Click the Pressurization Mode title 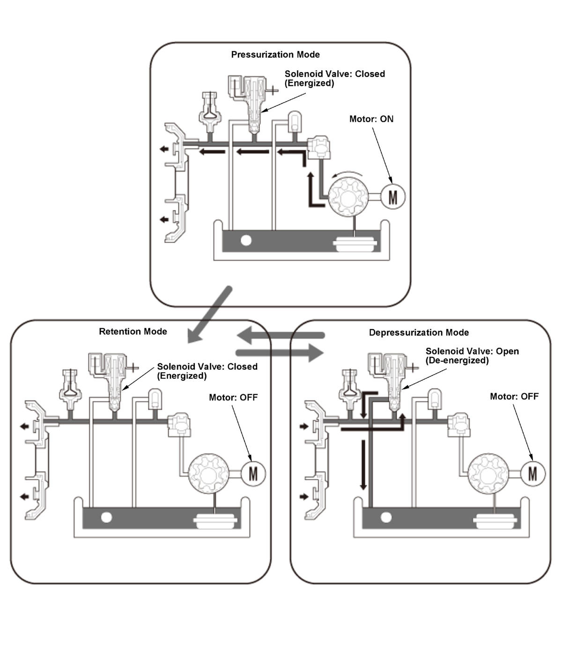click(x=275, y=55)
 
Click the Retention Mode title click(x=133, y=331)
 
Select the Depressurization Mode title click(x=419, y=332)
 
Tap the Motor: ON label click(x=371, y=119)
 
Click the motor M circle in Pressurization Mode click(x=392, y=197)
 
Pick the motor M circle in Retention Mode click(x=253, y=474)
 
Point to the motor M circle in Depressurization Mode click(x=533, y=474)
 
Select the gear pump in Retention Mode click(x=208, y=474)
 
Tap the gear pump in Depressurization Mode click(x=488, y=474)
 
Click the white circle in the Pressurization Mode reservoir click(x=246, y=241)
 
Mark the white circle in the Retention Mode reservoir click(x=106, y=517)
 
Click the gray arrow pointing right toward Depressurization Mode click(x=280, y=352)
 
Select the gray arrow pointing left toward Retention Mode click(x=281, y=335)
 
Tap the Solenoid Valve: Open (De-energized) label click(x=472, y=355)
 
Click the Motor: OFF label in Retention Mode click(x=233, y=397)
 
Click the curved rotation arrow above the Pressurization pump click(x=347, y=174)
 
